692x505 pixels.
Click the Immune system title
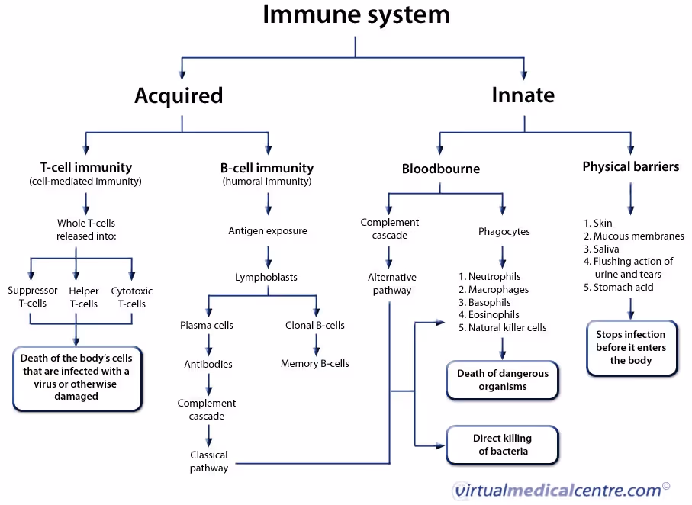356,14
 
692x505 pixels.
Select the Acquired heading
179,95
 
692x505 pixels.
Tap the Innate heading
523,95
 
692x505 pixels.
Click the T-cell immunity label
85,167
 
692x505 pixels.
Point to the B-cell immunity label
266,168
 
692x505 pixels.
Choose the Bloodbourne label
441,169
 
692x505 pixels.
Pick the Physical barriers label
630,166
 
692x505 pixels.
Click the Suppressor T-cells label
33,297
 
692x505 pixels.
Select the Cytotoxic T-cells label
132,297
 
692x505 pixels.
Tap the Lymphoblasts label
266,277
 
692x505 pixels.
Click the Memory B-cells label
314,364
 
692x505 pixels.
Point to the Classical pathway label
209,462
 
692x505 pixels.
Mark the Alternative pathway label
392,283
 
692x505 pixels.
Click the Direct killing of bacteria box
502,445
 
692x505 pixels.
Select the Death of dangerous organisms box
502,380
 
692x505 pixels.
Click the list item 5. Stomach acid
618,287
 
